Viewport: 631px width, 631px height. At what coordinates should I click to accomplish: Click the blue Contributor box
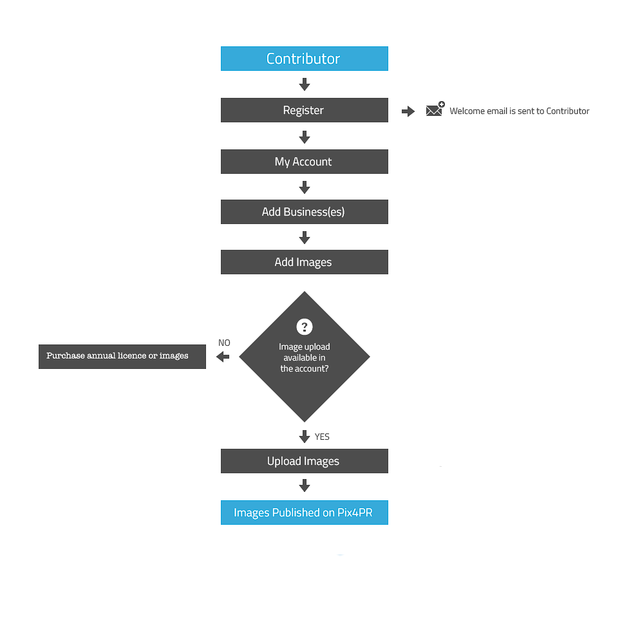click(304, 59)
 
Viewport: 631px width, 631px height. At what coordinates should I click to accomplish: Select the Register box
click(304, 110)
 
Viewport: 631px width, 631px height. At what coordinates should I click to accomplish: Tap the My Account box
click(304, 162)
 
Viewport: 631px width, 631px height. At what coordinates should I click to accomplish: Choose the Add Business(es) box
click(304, 212)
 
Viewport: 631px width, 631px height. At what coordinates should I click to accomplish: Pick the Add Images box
click(304, 262)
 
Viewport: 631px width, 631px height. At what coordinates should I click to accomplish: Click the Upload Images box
click(304, 461)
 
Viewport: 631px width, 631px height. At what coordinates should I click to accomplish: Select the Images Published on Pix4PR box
click(304, 513)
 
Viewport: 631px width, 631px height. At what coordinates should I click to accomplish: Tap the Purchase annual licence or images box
click(122, 357)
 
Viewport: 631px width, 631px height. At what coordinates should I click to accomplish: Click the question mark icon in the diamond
click(305, 327)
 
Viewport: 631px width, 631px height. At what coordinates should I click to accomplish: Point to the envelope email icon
click(435, 109)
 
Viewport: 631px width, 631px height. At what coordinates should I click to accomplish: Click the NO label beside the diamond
click(224, 343)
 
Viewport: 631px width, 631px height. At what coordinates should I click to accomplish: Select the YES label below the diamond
click(322, 437)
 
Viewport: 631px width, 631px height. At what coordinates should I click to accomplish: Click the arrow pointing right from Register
click(408, 111)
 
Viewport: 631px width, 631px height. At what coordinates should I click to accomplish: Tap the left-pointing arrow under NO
click(223, 357)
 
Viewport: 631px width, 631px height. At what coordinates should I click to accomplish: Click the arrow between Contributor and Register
click(305, 84)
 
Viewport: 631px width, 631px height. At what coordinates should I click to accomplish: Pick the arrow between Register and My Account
click(305, 137)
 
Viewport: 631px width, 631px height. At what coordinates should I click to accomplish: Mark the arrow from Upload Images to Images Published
click(305, 485)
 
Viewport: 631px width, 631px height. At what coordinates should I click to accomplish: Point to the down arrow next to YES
click(305, 437)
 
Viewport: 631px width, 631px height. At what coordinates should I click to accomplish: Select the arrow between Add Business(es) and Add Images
click(305, 238)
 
